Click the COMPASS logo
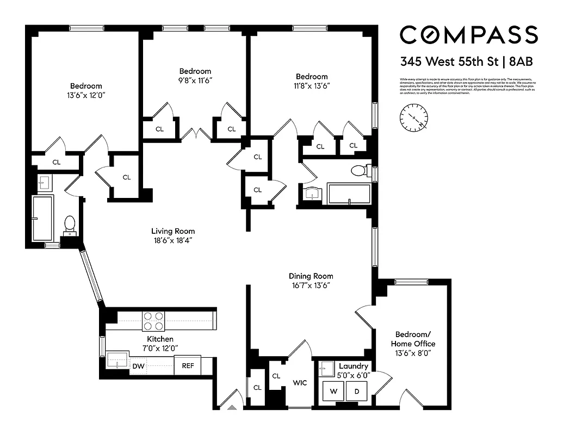[468, 35]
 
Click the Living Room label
[173, 231]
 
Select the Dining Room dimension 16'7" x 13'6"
[311, 285]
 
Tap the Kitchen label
[160, 339]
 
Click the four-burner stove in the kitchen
[153, 321]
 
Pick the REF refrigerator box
[187, 366]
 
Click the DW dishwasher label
[139, 366]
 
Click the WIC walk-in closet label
[300, 383]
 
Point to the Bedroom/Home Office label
[413, 339]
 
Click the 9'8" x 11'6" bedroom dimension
[195, 80]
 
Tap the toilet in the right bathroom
[358, 171]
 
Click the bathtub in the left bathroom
[42, 219]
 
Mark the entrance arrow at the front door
[232, 407]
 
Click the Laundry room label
[354, 366]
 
